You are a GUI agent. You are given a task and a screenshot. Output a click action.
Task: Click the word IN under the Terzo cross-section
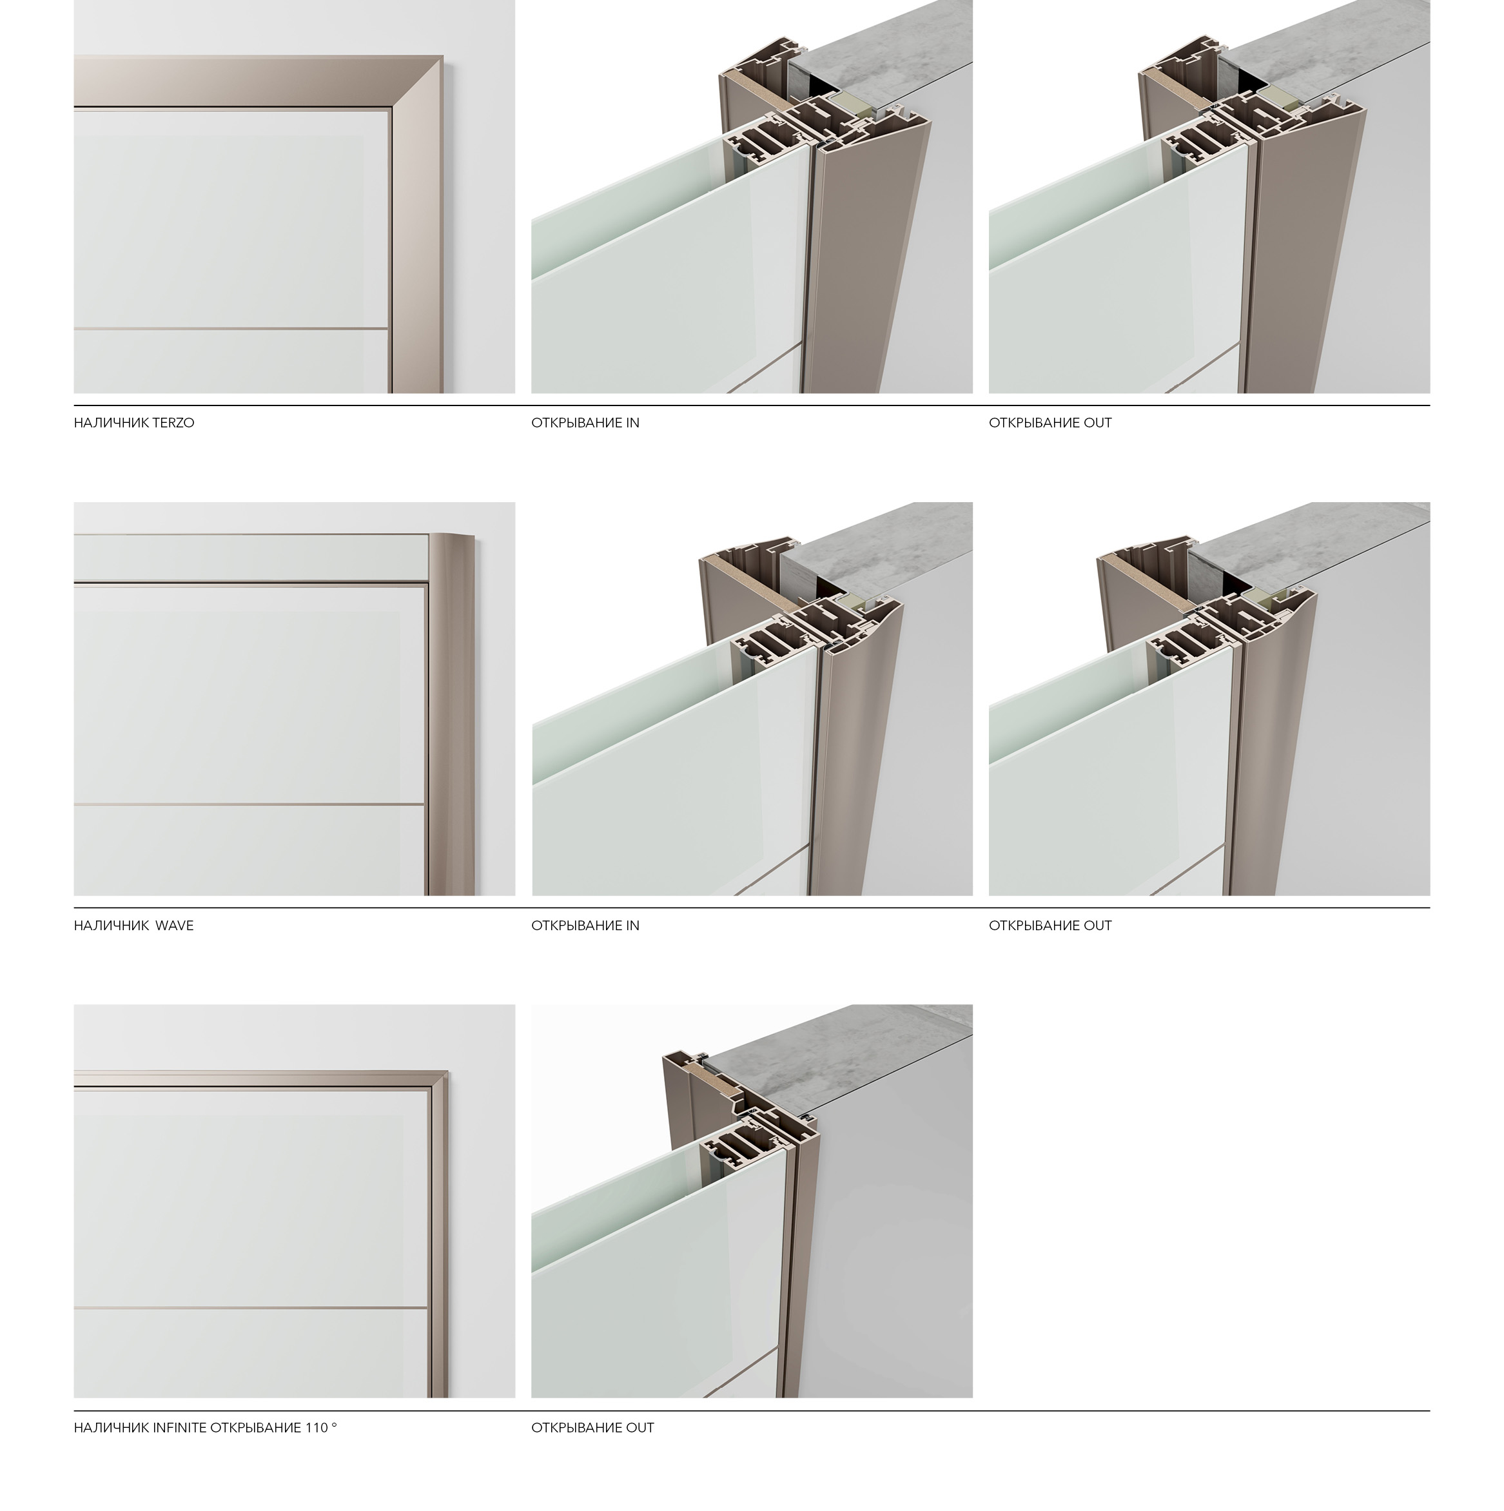(632, 423)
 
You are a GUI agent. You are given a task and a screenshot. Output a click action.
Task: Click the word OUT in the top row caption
(1097, 423)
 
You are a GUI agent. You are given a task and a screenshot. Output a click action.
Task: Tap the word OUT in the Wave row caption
(1097, 926)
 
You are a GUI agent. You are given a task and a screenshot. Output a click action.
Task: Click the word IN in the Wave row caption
(632, 926)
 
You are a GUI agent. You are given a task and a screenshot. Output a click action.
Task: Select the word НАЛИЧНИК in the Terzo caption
(108, 423)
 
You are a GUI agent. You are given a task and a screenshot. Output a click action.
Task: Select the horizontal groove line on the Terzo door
(231, 327)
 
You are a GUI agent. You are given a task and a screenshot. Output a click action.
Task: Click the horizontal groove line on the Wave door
(249, 804)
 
